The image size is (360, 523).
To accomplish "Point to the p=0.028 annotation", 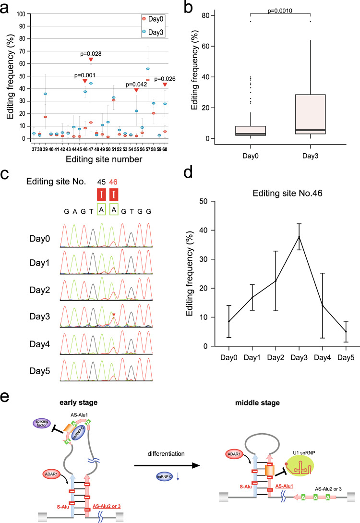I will (x=90, y=53).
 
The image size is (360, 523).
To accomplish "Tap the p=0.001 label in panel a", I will (x=84, y=75).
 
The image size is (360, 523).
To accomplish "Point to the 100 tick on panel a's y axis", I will (x=21, y=14).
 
